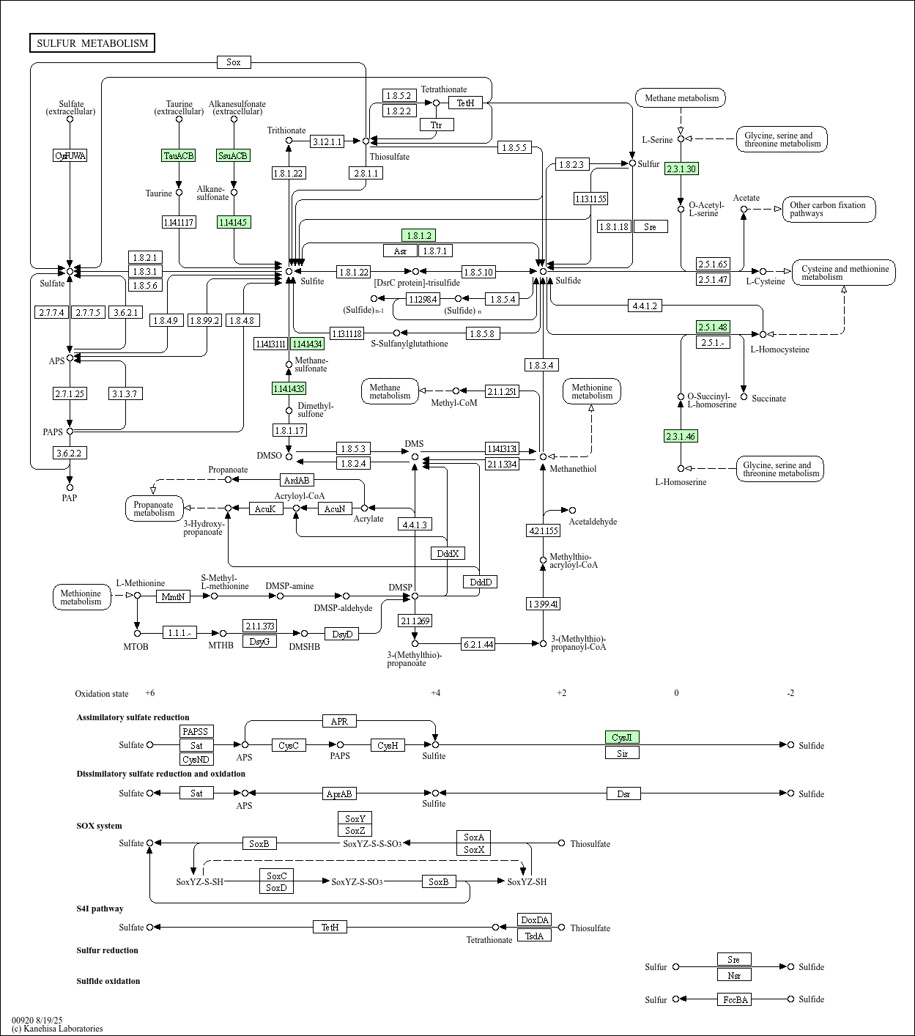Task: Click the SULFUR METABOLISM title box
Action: coord(92,43)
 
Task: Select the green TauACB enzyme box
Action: coord(179,155)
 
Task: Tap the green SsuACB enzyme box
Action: coord(234,155)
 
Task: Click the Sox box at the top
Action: coord(234,62)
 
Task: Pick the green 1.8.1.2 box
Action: coord(418,235)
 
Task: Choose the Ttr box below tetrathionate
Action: coord(437,125)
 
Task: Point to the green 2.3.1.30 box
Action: coord(681,169)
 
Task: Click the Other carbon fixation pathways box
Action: coord(829,209)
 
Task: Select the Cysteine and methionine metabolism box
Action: coord(844,273)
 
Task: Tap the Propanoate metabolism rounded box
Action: coord(154,508)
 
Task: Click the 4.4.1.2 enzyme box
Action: coord(645,306)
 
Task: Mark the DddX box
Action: coord(448,553)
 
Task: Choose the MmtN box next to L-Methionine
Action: coord(174,596)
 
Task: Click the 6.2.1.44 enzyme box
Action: coord(478,644)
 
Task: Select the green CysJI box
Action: coord(622,737)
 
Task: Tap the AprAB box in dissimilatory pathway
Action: coord(339,793)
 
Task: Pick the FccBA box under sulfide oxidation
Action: coord(734,999)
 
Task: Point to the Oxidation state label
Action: coord(101,694)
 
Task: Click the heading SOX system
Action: coord(99,826)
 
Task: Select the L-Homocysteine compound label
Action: coord(779,349)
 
